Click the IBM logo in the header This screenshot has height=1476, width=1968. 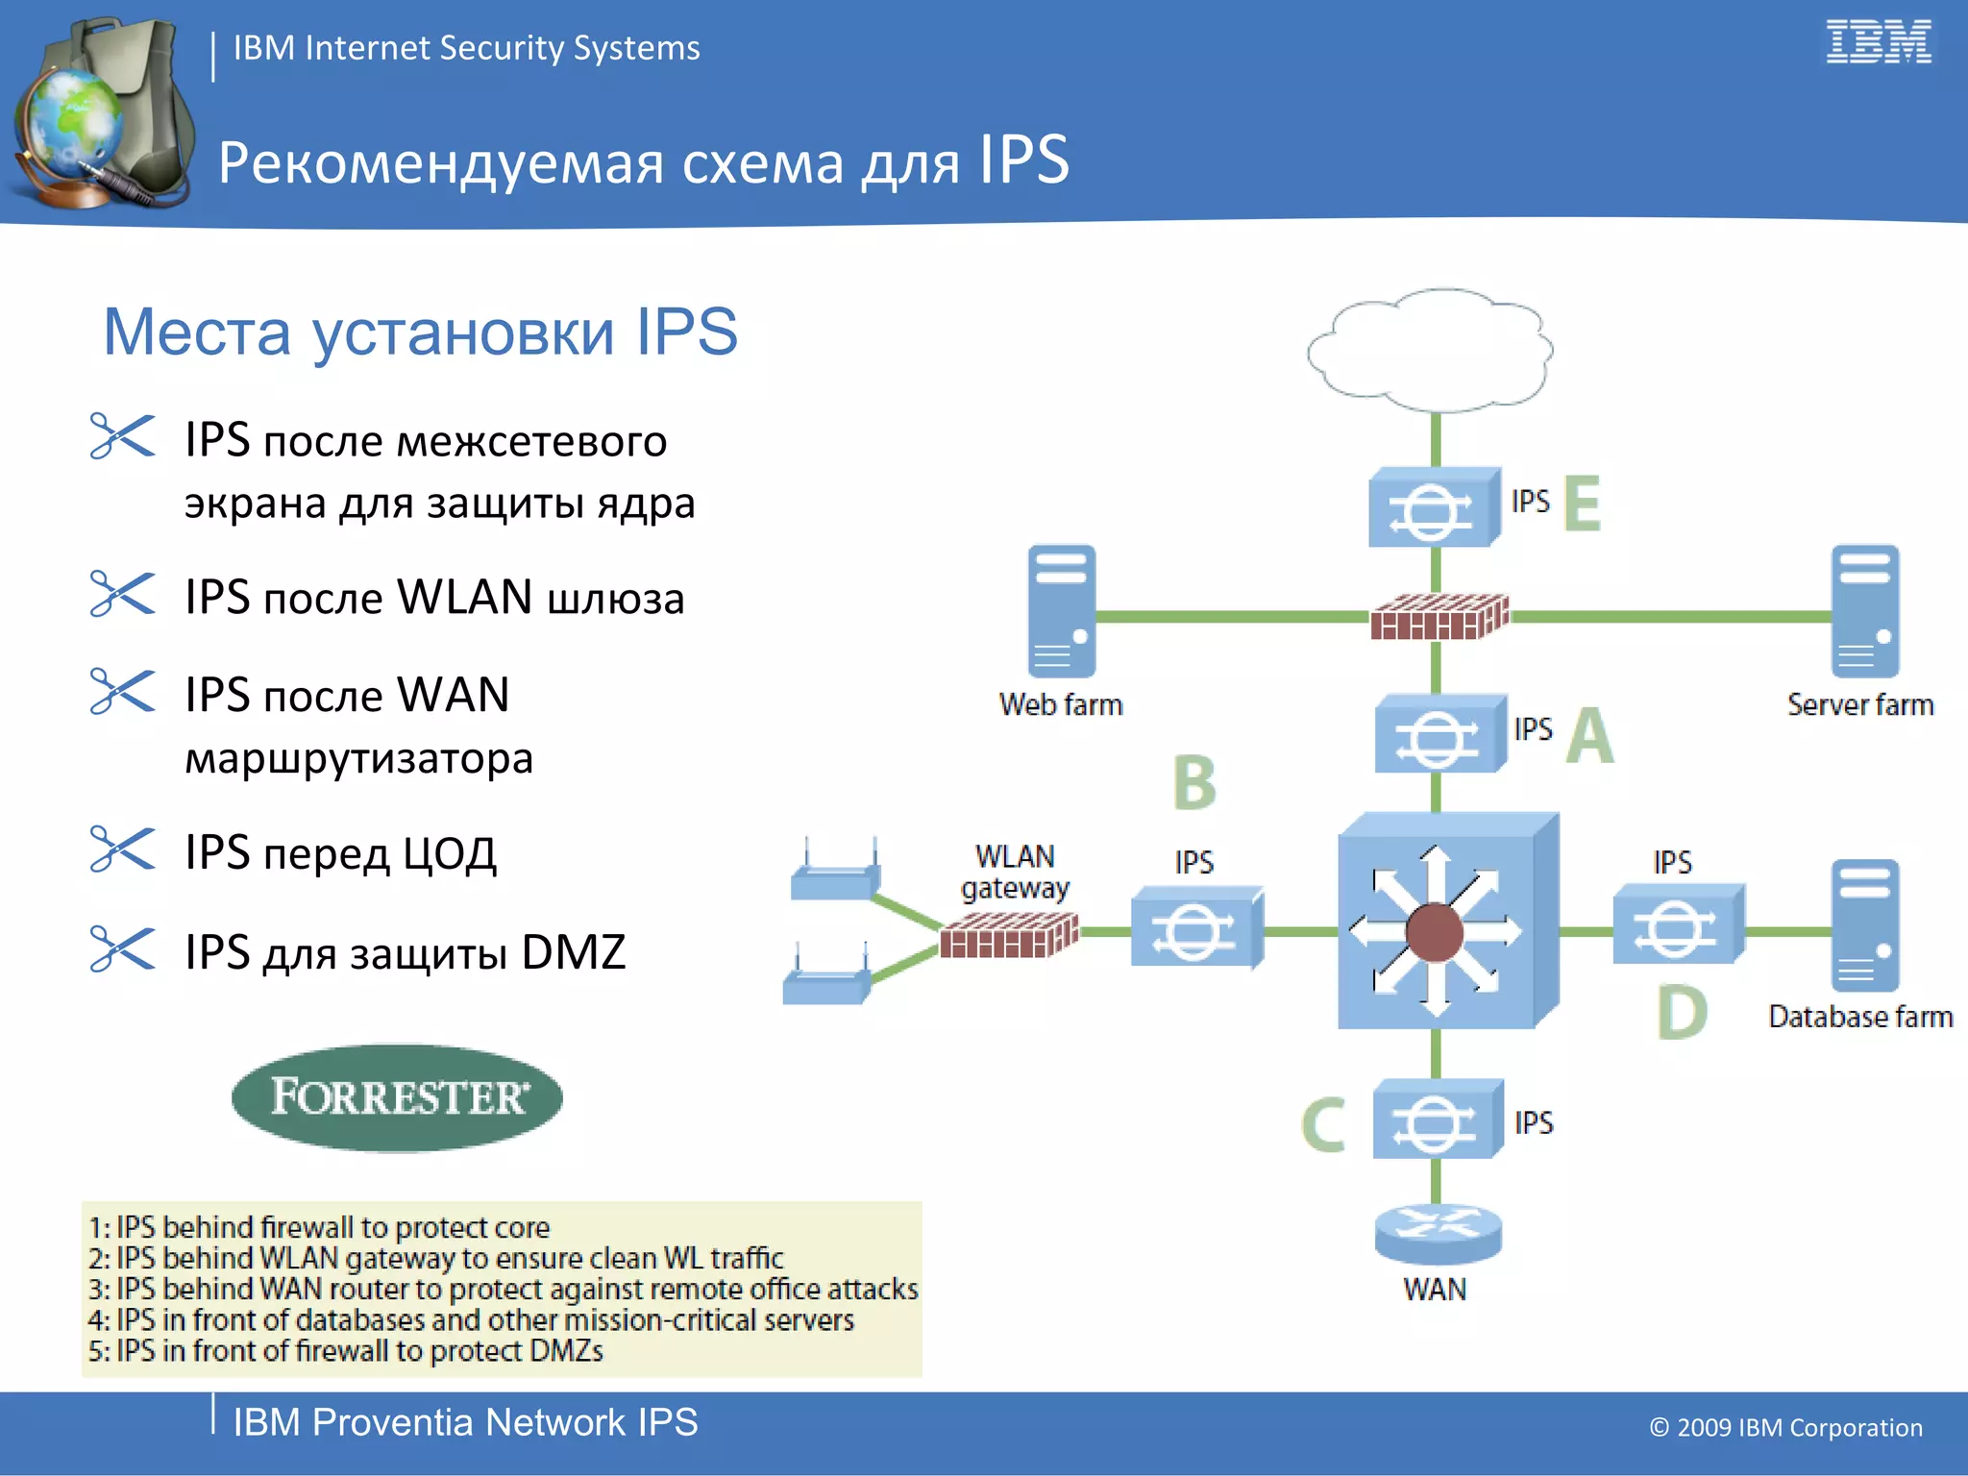pos(1878,42)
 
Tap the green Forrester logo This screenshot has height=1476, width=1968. pos(397,1097)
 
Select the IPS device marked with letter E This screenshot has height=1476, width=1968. pos(1433,506)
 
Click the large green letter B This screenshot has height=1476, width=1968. pos(1194,782)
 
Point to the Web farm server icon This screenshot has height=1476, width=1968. pos(1061,611)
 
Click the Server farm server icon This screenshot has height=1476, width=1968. pos(1864,611)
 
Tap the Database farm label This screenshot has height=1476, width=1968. pos(1859,1017)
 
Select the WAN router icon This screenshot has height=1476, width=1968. pos(1438,1234)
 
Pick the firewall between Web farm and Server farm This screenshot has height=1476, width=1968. pos(1439,617)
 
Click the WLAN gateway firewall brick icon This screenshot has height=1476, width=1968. pos(1009,935)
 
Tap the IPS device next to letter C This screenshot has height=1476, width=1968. pos(1437,1119)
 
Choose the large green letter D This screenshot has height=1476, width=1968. pos(1682,1013)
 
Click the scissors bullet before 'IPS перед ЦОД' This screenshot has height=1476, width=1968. pos(121,849)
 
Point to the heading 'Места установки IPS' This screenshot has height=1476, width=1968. pos(420,332)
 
